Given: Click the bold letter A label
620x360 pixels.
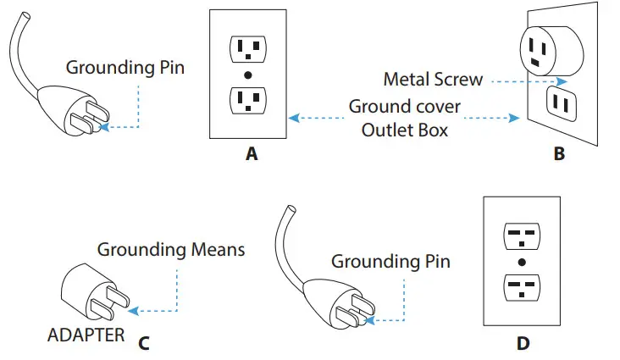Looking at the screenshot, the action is tap(252, 153).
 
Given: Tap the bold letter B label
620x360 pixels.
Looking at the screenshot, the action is tap(559, 153).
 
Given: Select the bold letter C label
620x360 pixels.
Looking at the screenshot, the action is tap(144, 343).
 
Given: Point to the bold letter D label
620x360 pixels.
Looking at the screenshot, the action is tap(523, 343).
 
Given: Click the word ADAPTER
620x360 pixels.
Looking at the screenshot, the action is tap(86, 335).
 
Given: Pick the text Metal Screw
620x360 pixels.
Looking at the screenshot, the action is tap(433, 79).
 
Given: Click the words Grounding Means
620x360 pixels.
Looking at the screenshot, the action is tap(171, 250).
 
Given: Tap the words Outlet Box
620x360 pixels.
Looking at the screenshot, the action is tap(405, 130).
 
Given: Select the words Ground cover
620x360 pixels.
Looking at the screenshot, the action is tap(405, 107).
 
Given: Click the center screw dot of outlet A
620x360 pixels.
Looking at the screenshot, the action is tap(248, 75).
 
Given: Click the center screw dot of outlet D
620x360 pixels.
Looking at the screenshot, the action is tap(522, 262).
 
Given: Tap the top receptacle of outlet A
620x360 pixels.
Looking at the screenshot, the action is tap(248, 49).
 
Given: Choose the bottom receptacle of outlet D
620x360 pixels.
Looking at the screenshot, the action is tap(522, 288).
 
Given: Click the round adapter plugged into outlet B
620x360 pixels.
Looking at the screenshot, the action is tap(551, 51).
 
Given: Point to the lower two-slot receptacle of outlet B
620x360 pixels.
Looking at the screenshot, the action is tap(562, 103).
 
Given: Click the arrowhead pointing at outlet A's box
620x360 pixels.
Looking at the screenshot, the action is tap(294, 118).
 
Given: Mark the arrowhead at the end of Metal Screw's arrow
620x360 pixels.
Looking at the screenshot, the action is tap(562, 81).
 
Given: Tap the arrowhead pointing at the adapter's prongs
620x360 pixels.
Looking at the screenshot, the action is tap(134, 311).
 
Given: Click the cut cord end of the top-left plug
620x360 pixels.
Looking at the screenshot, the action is tap(25, 17).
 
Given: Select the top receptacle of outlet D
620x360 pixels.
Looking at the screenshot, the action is tap(522, 236).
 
